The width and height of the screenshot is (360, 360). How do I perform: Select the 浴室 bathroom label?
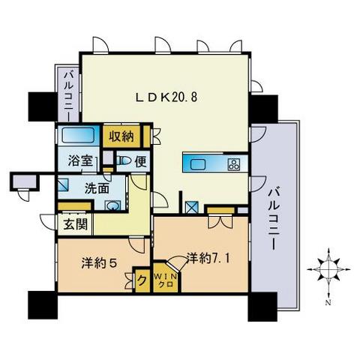73,160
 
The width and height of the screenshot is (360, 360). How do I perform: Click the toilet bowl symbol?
124,160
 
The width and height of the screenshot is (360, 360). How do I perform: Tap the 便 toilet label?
141,160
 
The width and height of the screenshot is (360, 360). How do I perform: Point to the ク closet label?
143,280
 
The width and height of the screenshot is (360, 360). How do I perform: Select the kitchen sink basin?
201,164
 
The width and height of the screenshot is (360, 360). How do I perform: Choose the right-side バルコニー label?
274,217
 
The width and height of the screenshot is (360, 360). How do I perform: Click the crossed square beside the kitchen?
191,209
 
